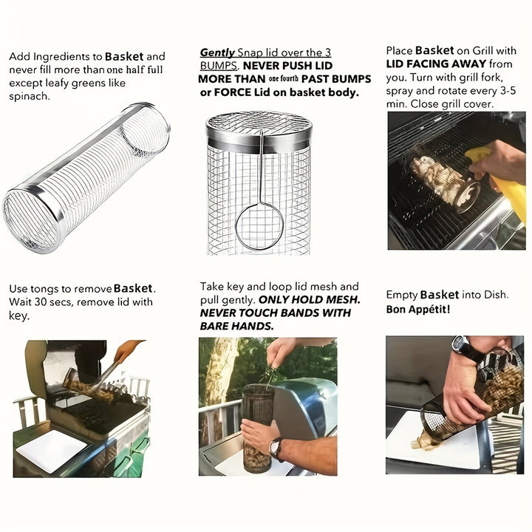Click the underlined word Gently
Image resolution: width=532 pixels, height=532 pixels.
(x=217, y=53)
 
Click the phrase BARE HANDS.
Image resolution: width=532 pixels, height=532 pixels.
(x=236, y=326)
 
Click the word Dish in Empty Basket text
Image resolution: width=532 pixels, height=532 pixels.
(x=494, y=295)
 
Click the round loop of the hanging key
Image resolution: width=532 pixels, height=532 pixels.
(x=259, y=227)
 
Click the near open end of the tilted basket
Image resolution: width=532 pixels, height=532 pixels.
(x=30, y=222)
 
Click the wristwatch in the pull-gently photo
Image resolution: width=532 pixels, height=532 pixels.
(x=276, y=448)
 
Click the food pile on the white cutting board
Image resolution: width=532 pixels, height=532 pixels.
(x=426, y=441)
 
